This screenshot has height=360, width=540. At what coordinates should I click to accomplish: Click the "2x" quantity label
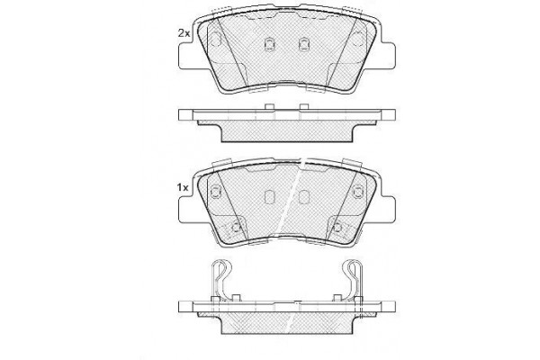click(184, 33)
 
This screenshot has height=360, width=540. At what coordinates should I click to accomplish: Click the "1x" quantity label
click(183, 188)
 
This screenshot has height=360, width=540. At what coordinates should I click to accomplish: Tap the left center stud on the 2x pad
click(269, 43)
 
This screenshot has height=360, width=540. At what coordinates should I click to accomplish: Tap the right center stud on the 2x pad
click(303, 43)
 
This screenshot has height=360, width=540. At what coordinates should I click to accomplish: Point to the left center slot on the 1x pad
click(269, 197)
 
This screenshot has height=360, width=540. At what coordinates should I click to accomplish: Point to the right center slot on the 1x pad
click(303, 197)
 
